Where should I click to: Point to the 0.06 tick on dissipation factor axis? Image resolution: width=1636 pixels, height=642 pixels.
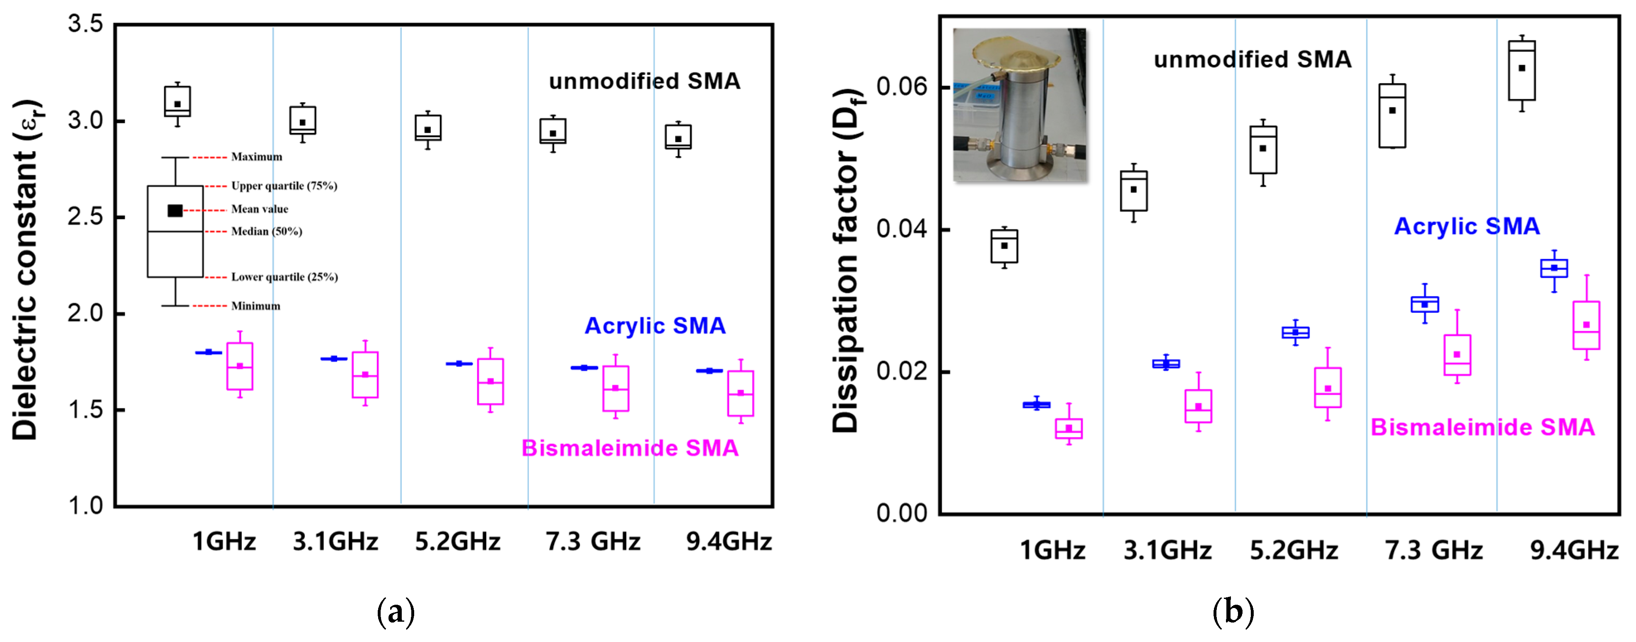click(901, 87)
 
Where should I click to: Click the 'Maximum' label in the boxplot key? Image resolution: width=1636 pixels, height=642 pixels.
click(256, 157)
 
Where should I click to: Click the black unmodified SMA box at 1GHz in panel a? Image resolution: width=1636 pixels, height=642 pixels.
click(177, 101)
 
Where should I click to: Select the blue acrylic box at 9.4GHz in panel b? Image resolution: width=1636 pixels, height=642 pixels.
click(1554, 268)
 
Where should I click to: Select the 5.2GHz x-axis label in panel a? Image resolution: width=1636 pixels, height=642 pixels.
click(457, 542)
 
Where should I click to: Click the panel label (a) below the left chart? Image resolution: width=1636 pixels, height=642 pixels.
click(395, 612)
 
